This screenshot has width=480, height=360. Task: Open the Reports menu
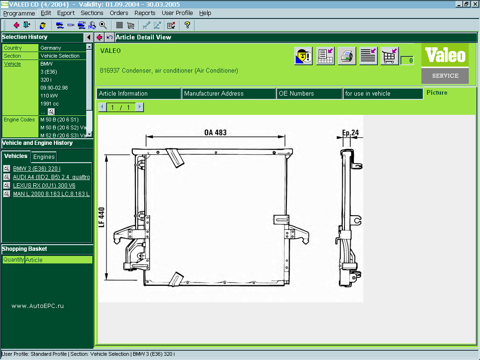pyautogui.click(x=145, y=13)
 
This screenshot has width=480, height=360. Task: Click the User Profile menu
pyautogui.click(x=177, y=13)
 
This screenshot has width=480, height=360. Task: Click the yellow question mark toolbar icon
pyautogui.click(x=187, y=25)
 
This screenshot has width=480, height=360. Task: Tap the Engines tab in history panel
pyautogui.click(x=44, y=157)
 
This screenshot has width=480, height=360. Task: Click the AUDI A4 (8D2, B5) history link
pyautogui.click(x=51, y=177)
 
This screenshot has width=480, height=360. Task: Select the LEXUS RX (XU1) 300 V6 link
pyautogui.click(x=44, y=186)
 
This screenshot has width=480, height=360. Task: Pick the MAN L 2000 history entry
pyautogui.click(x=51, y=194)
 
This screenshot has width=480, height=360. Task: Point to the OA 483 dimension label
pyautogui.click(x=215, y=133)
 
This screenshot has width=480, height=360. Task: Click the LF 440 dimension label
pyautogui.click(x=102, y=217)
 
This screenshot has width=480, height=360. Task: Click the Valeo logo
pyautogui.click(x=444, y=56)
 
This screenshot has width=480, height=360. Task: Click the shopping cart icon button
pyautogui.click(x=390, y=56)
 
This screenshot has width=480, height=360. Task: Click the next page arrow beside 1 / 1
pyautogui.click(x=139, y=107)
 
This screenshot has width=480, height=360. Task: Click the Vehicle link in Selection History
pyautogui.click(x=13, y=64)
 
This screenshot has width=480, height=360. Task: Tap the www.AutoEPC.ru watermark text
pyautogui.click(x=37, y=306)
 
